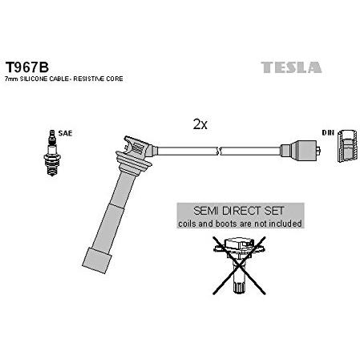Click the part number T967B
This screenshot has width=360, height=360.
(27, 67)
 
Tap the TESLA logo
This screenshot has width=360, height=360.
(291, 67)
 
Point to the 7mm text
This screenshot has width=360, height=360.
(11, 79)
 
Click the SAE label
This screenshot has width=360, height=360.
(65, 133)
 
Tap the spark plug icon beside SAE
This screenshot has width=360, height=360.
(52, 152)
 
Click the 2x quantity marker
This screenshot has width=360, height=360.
(200, 124)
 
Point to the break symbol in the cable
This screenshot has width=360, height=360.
(219, 151)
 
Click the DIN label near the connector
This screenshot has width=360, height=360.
(328, 132)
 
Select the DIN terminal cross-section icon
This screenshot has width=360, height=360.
(347, 146)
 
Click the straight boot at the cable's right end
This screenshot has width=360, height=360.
(300, 151)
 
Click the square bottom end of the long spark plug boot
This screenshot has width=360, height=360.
(97, 261)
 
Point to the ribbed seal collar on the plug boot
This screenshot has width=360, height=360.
(133, 162)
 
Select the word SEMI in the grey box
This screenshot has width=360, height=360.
(206, 211)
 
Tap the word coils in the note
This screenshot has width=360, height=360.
(187, 224)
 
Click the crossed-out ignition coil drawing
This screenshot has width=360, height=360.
(239, 265)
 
